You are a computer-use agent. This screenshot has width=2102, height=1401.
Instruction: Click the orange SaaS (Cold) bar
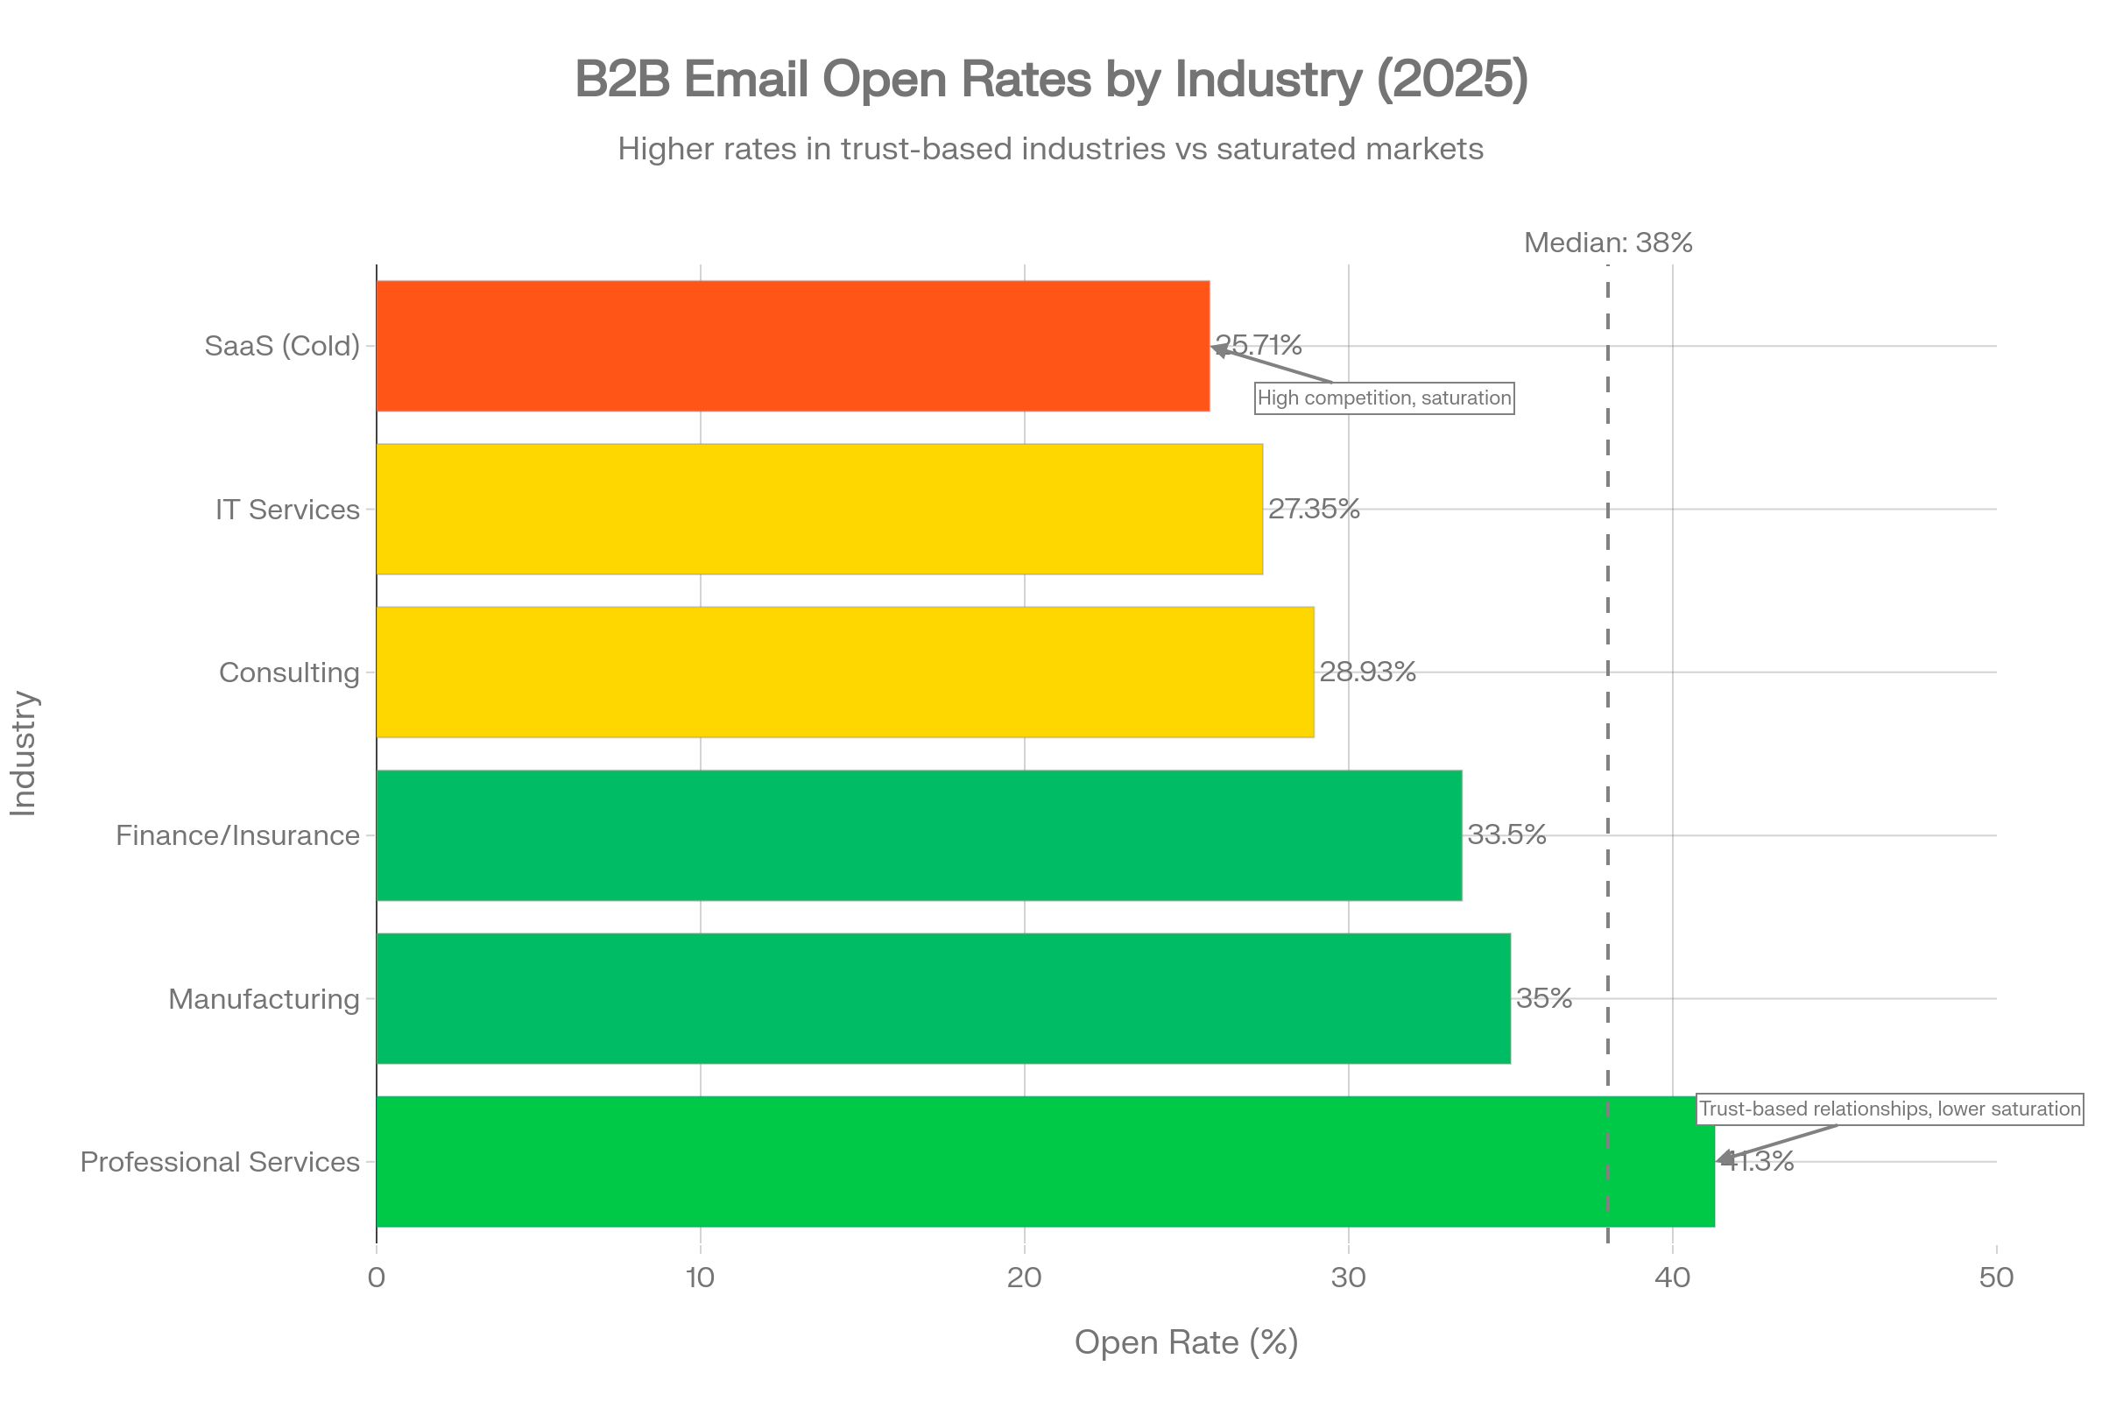(x=793, y=346)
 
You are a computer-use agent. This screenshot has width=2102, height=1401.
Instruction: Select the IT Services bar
(x=819, y=510)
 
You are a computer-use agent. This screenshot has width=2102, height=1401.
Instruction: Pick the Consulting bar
(x=844, y=672)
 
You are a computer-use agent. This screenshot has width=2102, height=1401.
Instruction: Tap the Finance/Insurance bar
(x=919, y=835)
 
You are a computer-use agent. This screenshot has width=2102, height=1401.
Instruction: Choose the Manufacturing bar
(x=943, y=999)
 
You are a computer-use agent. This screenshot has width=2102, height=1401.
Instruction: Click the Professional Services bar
(x=1046, y=1162)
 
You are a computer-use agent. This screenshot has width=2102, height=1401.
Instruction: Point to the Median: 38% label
(x=1607, y=243)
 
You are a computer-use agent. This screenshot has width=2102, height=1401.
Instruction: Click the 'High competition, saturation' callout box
(x=1384, y=398)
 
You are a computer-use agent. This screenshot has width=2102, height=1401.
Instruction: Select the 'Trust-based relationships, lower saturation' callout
(x=1889, y=1109)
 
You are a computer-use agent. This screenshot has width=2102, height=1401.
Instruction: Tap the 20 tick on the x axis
(x=1024, y=1278)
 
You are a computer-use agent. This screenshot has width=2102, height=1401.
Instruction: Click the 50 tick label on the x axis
(x=1996, y=1278)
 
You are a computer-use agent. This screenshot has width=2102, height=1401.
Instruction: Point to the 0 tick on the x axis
(x=377, y=1278)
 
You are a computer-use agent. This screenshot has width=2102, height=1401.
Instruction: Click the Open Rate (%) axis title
(x=1185, y=1342)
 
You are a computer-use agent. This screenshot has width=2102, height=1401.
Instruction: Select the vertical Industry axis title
(x=25, y=753)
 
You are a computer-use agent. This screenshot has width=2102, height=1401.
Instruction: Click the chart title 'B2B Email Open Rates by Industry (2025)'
(x=1051, y=79)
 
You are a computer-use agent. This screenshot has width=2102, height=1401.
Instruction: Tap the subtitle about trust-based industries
(x=1050, y=148)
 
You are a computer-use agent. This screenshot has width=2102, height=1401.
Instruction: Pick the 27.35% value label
(x=1314, y=510)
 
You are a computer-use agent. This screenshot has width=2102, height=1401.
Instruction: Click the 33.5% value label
(x=1506, y=834)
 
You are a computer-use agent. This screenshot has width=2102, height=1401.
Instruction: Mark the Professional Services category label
(x=220, y=1162)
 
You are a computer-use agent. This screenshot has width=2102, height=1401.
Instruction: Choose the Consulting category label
(x=289, y=672)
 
